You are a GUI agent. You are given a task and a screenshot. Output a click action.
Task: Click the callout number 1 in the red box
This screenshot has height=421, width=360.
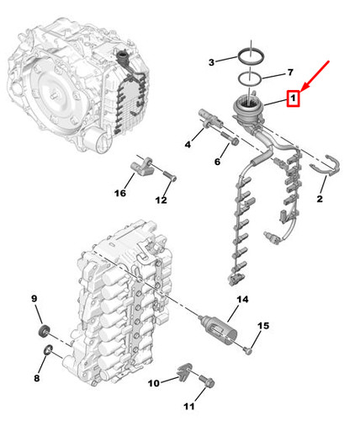coord(293,99)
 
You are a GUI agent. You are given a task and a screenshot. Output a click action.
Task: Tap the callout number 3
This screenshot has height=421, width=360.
coord(211,62)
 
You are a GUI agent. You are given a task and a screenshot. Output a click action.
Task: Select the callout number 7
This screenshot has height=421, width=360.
coord(290,72)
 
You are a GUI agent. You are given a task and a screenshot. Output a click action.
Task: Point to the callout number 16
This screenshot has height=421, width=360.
coord(120,193)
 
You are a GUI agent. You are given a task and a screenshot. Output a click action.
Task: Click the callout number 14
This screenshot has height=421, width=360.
coord(242,300)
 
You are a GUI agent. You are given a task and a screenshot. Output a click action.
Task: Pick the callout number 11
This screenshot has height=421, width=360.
coord(189,406)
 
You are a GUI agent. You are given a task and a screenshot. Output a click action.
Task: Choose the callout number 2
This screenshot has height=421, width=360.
coord(320,199)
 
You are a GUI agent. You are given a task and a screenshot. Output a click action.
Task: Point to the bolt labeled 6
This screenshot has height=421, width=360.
coord(230,139)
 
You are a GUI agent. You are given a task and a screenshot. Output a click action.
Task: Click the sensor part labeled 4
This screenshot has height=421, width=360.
coord(210,120)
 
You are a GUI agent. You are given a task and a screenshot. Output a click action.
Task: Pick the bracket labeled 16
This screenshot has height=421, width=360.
coord(142,168)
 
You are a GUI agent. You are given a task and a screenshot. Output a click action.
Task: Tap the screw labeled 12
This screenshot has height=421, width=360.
coord(169,176)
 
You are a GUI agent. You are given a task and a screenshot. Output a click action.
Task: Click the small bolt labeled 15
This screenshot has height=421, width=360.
coord(247,350)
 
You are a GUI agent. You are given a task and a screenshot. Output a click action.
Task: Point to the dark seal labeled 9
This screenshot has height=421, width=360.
coord(44,331)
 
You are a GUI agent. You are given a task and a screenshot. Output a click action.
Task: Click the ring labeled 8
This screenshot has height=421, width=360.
coord(48,350)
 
